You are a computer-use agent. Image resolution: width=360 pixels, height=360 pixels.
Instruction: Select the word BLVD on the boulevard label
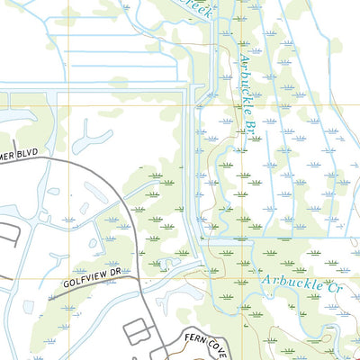[27, 154]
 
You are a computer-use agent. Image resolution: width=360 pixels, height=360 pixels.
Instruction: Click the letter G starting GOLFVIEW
[67, 285]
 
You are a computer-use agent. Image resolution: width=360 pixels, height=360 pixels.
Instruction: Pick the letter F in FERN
[187, 314]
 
